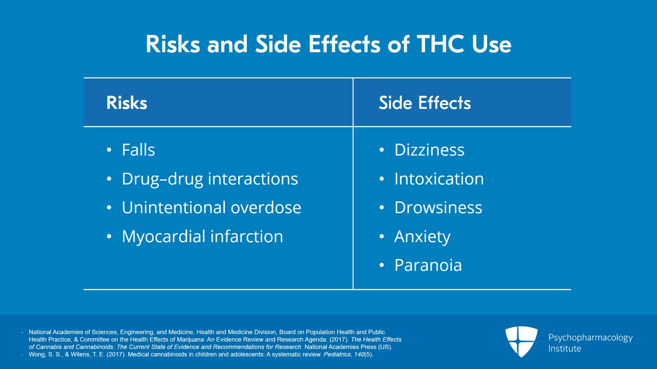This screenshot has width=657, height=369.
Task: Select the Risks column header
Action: click(126, 103)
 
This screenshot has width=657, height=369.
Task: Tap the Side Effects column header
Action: click(425, 103)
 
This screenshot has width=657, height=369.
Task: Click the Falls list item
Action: click(138, 150)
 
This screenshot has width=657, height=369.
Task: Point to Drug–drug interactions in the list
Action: click(210, 179)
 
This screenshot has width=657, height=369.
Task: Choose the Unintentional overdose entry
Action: click(211, 208)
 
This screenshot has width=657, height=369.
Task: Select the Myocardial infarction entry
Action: click(202, 236)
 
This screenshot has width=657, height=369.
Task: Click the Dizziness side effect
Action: click(429, 150)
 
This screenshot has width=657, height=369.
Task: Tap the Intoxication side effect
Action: click(439, 179)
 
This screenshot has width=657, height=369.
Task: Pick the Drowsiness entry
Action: click(438, 208)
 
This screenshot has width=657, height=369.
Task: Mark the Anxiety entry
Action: click(422, 237)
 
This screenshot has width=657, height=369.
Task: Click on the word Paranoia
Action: click(428, 266)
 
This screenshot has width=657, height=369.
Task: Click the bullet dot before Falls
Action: click(109, 150)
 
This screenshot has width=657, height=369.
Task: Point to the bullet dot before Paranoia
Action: click(381, 266)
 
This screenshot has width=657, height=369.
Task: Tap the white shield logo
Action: click(521, 341)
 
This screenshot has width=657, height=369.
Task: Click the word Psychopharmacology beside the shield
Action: click(590, 338)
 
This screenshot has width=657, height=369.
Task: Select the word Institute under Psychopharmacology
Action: click(565, 348)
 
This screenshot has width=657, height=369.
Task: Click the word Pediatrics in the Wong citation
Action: click(337, 354)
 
